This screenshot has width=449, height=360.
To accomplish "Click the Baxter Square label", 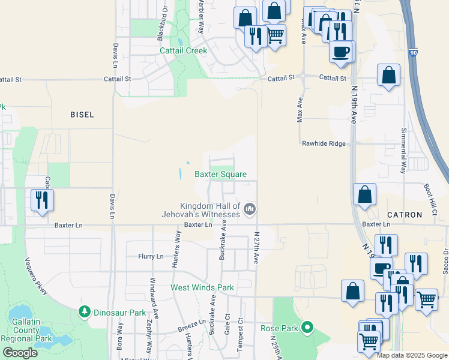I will pos(220,175).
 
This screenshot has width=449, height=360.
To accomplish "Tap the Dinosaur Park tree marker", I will pos(85,313).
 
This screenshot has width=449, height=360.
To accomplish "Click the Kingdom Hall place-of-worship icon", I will pos(250,209).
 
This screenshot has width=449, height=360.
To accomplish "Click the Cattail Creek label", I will pos(183,51).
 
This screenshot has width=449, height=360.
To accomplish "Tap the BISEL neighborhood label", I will pos(82,115).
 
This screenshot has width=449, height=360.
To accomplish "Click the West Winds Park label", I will pos(202,287).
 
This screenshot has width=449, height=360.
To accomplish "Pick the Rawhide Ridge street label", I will pos(324,143).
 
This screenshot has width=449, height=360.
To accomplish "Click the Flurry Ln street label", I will pos(151,256).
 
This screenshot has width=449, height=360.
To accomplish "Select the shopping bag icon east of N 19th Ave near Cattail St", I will pos(389,75).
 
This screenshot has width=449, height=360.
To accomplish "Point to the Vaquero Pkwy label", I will pos(35,276).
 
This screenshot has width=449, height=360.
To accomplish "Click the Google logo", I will pos(20,353).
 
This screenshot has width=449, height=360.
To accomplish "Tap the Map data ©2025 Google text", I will pos(412,355).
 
